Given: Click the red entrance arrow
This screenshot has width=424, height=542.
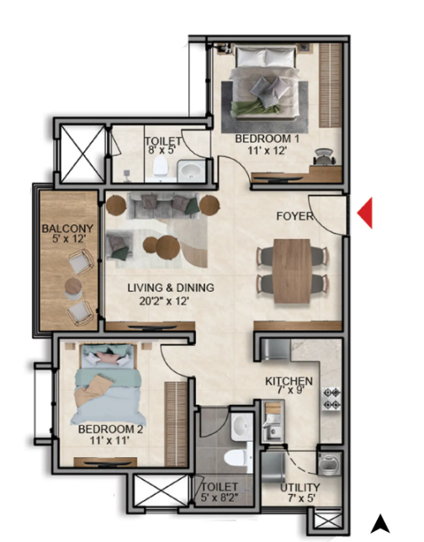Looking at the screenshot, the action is (367, 213).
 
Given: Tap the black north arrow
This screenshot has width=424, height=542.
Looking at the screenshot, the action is (380, 523).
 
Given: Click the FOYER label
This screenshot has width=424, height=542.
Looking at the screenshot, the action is (294, 216).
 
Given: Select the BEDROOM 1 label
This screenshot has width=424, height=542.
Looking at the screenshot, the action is (267, 139).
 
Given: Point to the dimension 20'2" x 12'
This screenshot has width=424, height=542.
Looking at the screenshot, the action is (164, 301).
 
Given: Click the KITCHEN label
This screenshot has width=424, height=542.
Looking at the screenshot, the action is (289, 381).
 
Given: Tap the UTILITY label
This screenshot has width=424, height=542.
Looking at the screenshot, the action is (299, 487).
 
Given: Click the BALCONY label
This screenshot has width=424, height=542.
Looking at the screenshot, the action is (67, 228).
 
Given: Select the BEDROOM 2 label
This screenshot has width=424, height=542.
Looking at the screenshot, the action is (110, 429).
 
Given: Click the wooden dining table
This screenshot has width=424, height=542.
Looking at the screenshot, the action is (292, 271).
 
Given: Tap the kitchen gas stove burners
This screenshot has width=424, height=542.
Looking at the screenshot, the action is (332, 399).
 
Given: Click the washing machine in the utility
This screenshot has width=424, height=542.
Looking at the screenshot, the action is (330, 464).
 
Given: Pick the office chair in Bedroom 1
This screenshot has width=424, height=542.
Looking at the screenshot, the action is (325, 157).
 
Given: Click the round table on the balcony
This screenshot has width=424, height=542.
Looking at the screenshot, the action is (73, 286).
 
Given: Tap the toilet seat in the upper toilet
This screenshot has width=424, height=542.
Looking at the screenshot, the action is (161, 166).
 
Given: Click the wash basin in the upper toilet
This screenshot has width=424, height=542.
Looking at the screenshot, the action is (190, 170).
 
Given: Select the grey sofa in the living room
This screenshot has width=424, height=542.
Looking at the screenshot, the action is (162, 206).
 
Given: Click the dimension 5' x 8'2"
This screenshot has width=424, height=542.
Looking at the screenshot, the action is (220, 497).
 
